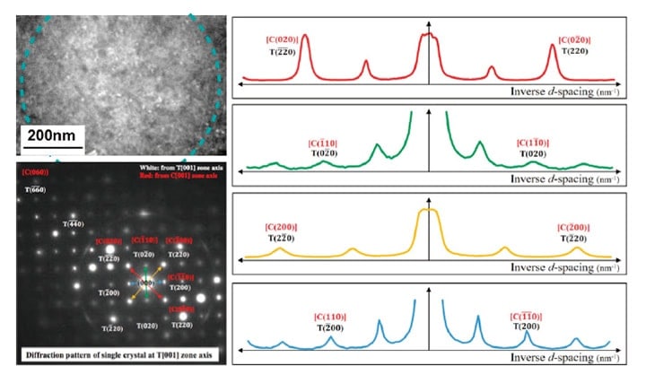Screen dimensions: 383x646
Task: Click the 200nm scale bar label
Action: point(52,137)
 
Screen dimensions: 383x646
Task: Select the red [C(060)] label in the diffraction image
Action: point(37,173)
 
